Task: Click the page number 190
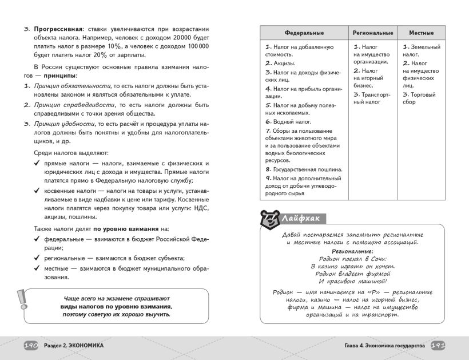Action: coord(30,346)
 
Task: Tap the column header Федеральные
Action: coord(304,33)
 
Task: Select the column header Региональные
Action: coord(373,33)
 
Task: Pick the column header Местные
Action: coord(422,33)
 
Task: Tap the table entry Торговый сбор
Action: coord(419,98)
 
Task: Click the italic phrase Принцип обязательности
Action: coord(63,85)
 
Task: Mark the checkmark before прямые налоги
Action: coord(36,163)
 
